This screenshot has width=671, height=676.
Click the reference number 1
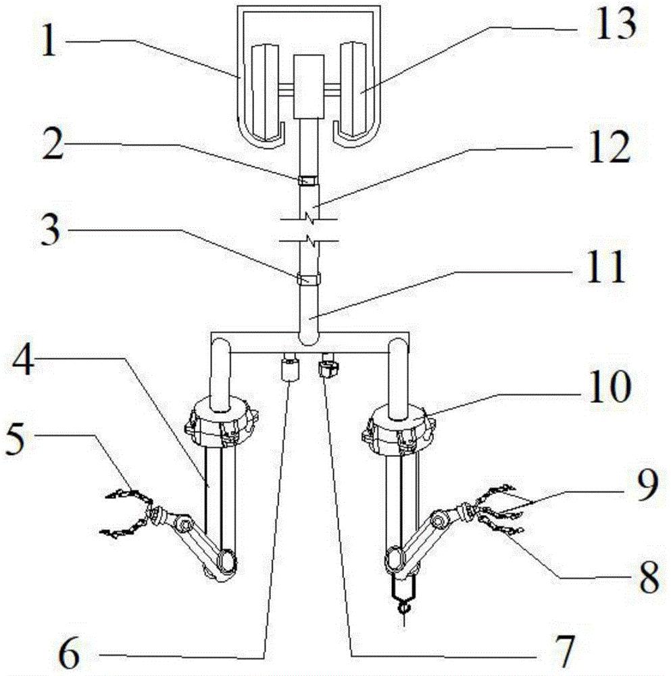point(49,42)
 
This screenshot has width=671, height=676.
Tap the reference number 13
point(615,24)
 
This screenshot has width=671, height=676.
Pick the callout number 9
point(647,485)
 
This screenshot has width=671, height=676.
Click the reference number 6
point(69,652)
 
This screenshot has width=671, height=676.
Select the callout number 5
point(16,439)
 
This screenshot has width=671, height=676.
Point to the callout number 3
point(51,230)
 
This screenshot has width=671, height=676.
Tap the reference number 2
point(53,145)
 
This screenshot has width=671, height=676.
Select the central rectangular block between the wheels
point(309,87)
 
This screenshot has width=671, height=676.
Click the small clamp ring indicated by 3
point(309,279)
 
